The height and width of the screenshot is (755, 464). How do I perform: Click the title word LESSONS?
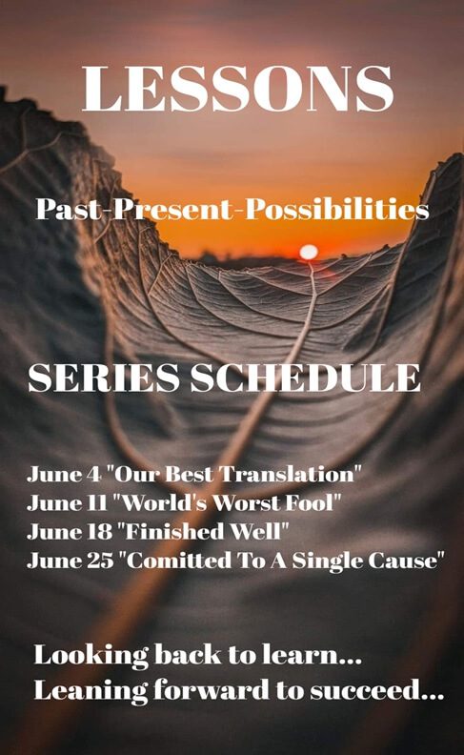pos(238,88)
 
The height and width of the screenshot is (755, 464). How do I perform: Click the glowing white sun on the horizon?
pos(309,252)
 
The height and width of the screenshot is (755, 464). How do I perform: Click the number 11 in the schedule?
pos(97,503)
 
